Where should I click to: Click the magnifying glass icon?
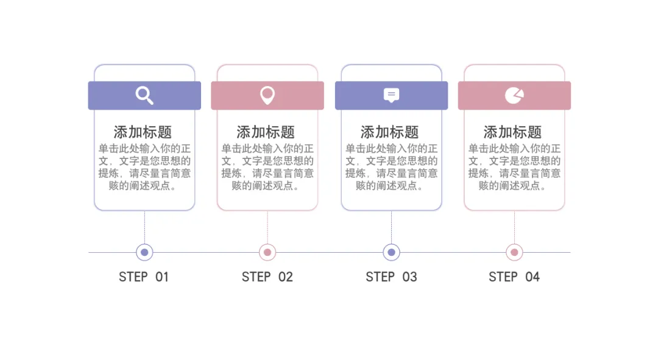tap(144, 95)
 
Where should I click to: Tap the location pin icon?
tap(267, 95)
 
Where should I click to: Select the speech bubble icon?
tap(391, 95)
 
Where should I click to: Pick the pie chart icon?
tap(514, 95)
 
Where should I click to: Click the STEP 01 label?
tap(144, 277)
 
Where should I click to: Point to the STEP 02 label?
tap(267, 277)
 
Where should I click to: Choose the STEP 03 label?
tap(391, 277)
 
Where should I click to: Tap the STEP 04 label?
tap(514, 277)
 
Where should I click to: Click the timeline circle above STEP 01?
tap(144, 252)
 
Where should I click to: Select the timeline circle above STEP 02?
tap(267, 252)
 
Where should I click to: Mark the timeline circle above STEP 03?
tap(391, 252)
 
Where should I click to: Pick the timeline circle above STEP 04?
tap(514, 252)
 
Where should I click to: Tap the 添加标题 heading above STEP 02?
tap(266, 132)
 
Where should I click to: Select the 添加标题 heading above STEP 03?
tap(390, 132)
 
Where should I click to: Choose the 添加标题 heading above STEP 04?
tap(513, 132)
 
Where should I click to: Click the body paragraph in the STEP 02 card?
tap(267, 167)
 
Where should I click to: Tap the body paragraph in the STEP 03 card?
tap(391, 167)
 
